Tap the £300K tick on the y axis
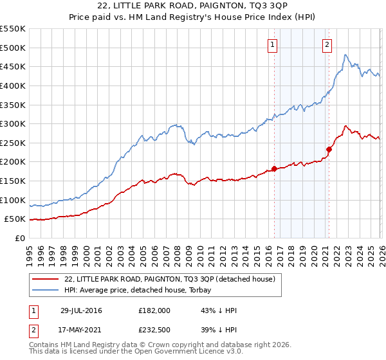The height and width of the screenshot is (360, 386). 13,123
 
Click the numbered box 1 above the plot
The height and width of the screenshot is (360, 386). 273,44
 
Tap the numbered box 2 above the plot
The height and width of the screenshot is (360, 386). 327,44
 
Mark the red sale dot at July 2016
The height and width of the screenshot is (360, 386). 274,169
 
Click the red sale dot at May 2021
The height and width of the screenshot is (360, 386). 329,149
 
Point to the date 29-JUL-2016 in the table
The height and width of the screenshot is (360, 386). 80,310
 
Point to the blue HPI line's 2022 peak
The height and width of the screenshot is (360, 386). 345,55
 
